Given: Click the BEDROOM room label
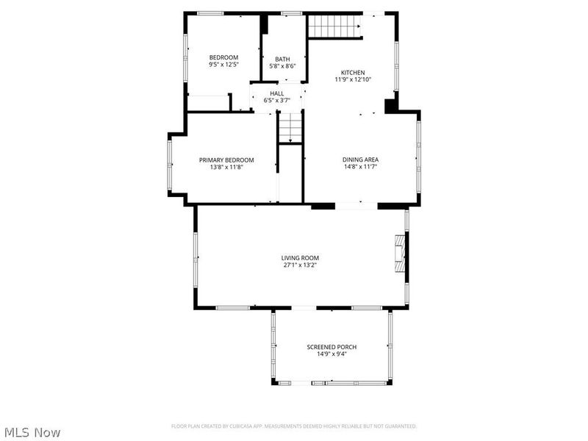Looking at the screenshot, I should (x=223, y=57).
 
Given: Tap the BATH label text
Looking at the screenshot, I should (x=282, y=60).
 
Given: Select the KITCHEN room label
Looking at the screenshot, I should (x=352, y=73).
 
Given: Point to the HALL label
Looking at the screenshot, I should (x=276, y=93).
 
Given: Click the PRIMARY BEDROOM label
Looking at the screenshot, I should (x=226, y=160).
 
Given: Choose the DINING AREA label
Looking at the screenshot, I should (x=360, y=159).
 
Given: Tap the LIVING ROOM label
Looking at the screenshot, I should (x=300, y=258).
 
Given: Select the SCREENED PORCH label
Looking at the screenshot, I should (x=331, y=347).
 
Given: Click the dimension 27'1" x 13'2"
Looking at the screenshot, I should (x=300, y=265).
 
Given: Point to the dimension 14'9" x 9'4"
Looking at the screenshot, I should (x=331, y=354).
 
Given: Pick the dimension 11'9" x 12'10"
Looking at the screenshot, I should (x=352, y=79).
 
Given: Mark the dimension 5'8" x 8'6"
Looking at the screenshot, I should (x=282, y=66).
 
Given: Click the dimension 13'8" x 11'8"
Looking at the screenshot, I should (x=226, y=168).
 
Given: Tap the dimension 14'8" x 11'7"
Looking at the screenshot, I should (x=360, y=167).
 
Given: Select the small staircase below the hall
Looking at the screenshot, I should (x=291, y=129).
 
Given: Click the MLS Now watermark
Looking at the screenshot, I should (x=32, y=432).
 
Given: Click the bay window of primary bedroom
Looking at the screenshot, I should (x=170, y=165).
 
